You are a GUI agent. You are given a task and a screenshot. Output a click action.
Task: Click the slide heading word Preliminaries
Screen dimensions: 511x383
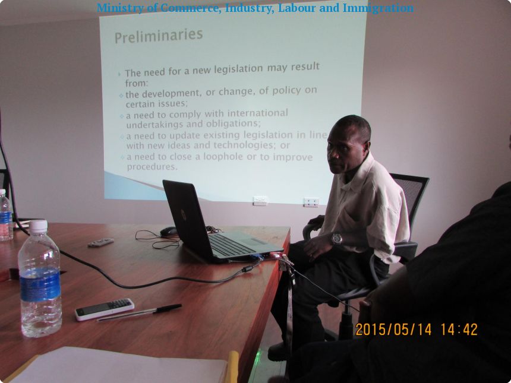[x=159, y=36]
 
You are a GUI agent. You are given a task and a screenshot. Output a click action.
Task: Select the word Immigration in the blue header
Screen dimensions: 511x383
[x=378, y=8]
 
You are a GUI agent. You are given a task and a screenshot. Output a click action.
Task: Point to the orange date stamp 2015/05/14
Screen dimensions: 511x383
[x=393, y=330]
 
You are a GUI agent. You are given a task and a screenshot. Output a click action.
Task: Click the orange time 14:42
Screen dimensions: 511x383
[x=459, y=330]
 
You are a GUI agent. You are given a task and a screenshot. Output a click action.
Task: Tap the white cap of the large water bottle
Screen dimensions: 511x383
[x=39, y=226]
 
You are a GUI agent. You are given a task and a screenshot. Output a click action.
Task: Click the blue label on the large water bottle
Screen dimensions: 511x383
[x=40, y=284]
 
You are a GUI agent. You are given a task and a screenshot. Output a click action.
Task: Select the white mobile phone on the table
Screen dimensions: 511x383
[x=105, y=309]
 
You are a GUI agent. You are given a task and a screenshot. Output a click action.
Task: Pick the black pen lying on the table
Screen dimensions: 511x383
[x=140, y=313]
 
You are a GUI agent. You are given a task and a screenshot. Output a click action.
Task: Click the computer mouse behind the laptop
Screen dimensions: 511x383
[x=169, y=232]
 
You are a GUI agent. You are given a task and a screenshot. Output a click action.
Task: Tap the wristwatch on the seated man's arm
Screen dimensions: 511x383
[x=337, y=239]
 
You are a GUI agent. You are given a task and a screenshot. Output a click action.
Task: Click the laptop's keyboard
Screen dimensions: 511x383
[x=229, y=245]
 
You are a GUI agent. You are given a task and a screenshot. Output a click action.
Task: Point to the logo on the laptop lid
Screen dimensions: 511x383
[x=184, y=215]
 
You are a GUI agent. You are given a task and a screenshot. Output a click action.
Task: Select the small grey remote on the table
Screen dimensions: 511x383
[x=100, y=242]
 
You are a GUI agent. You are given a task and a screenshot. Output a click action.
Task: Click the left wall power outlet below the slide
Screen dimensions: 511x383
[x=260, y=201]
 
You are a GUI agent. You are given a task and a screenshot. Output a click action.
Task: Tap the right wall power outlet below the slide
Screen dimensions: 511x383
[x=311, y=202]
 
